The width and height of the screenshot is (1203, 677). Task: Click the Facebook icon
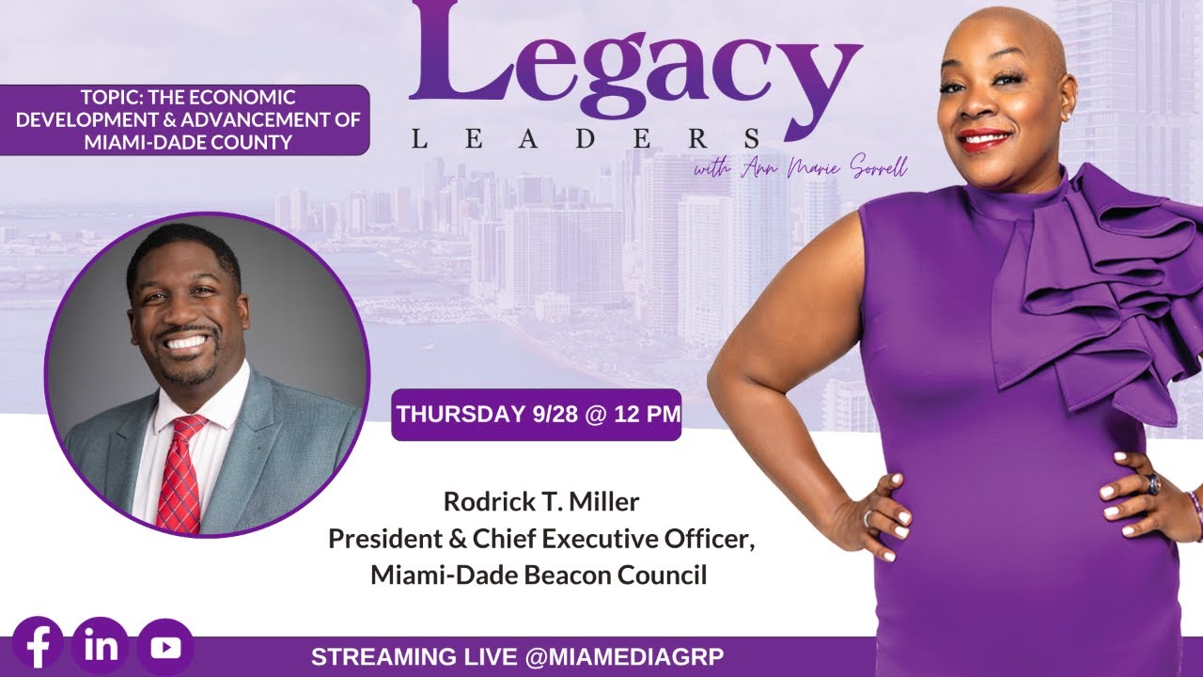[38, 646]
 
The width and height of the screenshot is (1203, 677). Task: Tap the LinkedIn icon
[100, 646]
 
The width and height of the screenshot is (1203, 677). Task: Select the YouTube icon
[164, 647]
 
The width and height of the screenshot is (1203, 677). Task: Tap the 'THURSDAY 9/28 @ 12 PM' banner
[536, 415]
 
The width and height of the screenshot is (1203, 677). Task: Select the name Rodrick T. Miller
[540, 502]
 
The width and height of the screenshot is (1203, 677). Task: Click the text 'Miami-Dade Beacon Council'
[539, 575]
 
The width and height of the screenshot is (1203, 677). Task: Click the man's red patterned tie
[180, 474]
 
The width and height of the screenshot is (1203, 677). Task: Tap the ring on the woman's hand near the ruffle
[1151, 483]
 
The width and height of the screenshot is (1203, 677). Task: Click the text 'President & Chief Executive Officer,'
[540, 539]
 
